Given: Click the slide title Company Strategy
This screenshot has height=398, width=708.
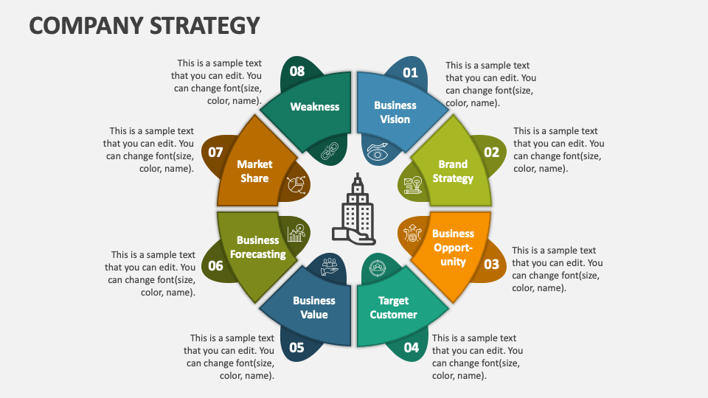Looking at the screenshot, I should pos(145,25).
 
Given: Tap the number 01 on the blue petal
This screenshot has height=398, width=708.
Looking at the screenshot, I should pos(410,72).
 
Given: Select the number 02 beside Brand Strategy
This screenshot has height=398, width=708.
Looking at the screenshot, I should pos(491,153).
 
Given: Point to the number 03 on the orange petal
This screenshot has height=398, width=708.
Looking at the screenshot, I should pos(491,264).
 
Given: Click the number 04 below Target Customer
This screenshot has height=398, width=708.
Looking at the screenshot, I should pos(411,347).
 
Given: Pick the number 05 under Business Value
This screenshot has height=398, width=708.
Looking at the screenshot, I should pos(296,348).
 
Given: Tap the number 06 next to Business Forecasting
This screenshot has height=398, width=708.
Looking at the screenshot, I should pos(215,266).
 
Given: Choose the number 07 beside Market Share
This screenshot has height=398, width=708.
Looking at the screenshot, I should pos(215,153).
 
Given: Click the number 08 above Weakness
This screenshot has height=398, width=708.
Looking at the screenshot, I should pos(296,71).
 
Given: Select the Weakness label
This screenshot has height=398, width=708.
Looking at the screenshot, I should pos(315,107).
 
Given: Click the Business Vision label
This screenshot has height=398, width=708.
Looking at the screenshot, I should pos(395,112).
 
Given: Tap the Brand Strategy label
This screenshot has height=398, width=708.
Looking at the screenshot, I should pos(453,172).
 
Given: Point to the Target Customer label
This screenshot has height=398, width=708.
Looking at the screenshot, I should pos(393,307).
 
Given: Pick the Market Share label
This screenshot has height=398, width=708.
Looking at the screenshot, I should pos(254,171).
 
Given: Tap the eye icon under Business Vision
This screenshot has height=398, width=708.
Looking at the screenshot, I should pos(378,152).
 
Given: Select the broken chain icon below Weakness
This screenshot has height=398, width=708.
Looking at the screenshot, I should pos(329,152).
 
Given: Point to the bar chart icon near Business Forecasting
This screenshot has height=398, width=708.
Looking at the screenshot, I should pos(296,232).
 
